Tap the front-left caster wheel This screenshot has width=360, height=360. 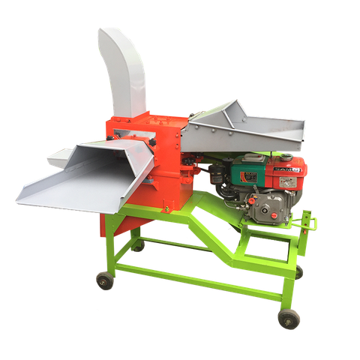coord(104,280)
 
